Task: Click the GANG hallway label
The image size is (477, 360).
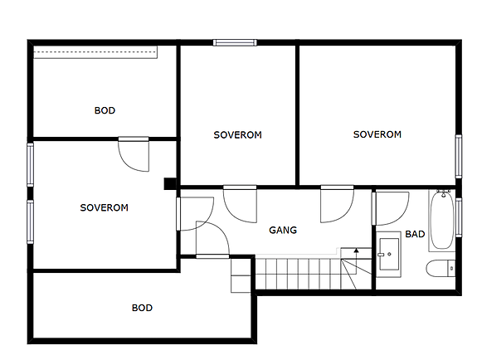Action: pyautogui.click(x=283, y=230)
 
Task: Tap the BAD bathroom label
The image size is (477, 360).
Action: pyautogui.click(x=415, y=234)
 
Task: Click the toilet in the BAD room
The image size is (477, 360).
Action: pyautogui.click(x=440, y=268)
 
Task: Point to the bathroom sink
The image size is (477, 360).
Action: pyautogui.click(x=389, y=254)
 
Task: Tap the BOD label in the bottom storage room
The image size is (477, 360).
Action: pyautogui.click(x=142, y=308)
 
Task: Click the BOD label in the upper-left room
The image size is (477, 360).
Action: pyautogui.click(x=105, y=110)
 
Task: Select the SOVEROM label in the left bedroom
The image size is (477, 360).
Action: pyautogui.click(x=104, y=207)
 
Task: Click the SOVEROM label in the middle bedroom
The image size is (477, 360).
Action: pyautogui.click(x=237, y=135)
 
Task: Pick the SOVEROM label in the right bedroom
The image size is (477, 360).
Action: pyautogui.click(x=377, y=134)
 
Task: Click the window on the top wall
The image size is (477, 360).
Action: pyautogui.click(x=235, y=42)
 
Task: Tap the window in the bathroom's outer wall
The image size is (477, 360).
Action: pyautogui.click(x=459, y=217)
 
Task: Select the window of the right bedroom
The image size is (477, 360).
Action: pyautogui.click(x=459, y=157)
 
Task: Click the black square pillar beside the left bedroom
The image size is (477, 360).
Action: pyautogui.click(x=170, y=184)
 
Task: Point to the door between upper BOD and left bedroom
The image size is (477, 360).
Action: pyautogui.click(x=134, y=154)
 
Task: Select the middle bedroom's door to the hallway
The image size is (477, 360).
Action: pyautogui.click(x=240, y=204)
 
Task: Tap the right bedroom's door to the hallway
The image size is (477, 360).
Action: pyautogui.click(x=337, y=204)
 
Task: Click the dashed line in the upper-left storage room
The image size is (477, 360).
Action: pyautogui.click(x=95, y=52)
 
